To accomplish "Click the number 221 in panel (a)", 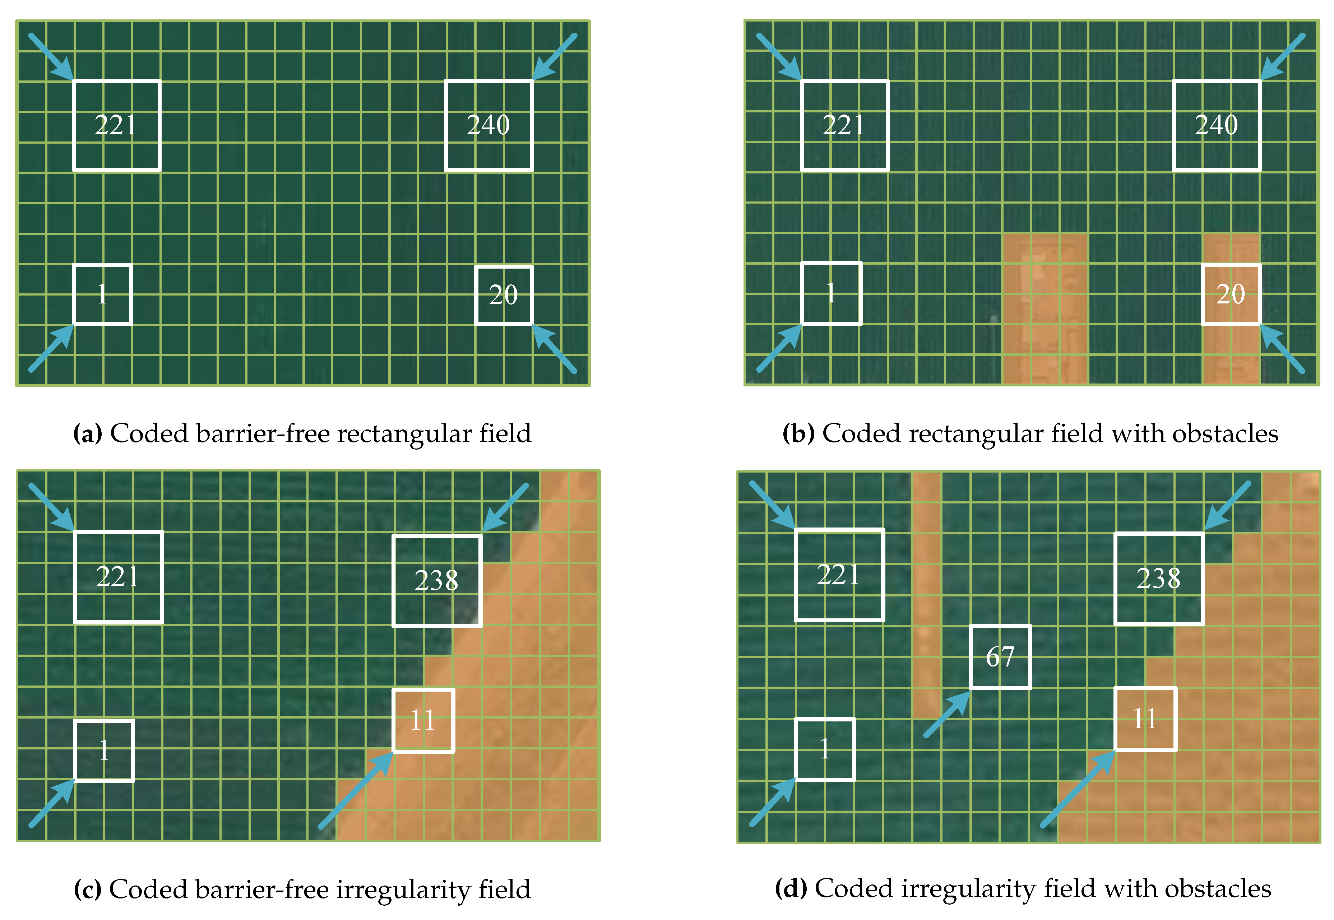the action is click(116, 125).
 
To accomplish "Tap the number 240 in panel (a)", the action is click(488, 125).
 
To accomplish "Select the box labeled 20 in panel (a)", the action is click(503, 295).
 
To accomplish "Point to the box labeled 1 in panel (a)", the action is click(103, 294).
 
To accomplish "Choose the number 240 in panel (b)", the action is click(1217, 125).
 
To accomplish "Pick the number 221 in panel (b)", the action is click(844, 125).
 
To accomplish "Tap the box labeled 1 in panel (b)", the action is click(831, 293).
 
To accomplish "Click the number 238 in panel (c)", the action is click(436, 580).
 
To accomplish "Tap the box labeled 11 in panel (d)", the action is click(1145, 719).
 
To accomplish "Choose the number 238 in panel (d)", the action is click(1159, 578).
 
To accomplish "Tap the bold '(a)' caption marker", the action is click(88, 433).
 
